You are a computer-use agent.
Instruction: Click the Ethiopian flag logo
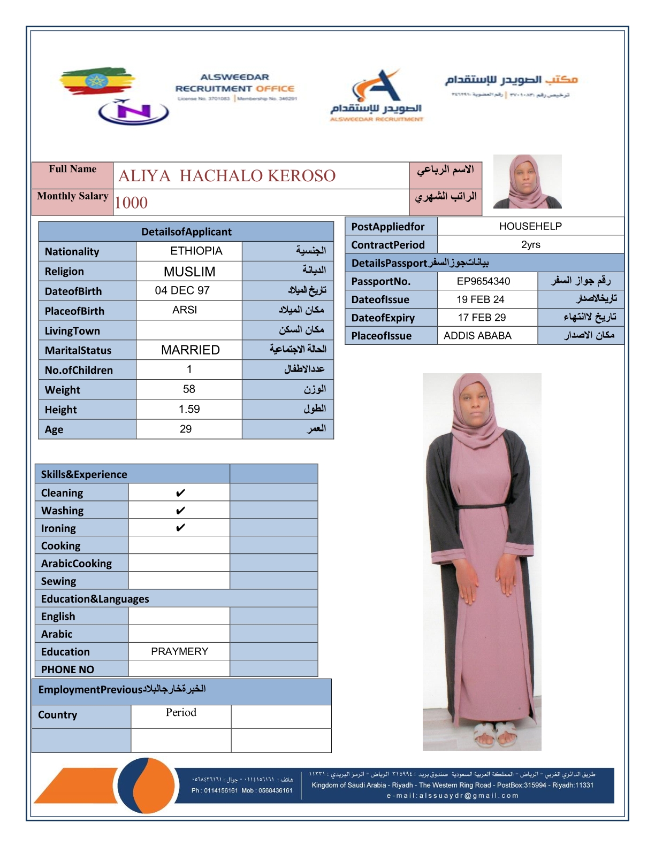(x=96, y=81)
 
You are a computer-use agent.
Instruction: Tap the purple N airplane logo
(x=133, y=112)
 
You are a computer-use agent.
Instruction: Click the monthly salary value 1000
(x=131, y=203)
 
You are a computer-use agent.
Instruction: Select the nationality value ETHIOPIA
(x=196, y=251)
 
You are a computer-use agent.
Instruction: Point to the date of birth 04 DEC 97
(x=182, y=290)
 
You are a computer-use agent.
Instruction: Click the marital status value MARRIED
(x=190, y=350)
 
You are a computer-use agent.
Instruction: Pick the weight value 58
(x=189, y=389)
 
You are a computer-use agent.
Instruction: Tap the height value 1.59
(x=189, y=409)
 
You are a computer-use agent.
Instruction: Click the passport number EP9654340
(x=483, y=281)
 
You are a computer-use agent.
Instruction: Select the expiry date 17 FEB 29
(x=482, y=318)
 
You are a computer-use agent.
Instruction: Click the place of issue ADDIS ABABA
(x=477, y=336)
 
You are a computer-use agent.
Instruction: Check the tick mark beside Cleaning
(x=180, y=492)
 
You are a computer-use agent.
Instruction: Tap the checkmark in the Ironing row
(x=180, y=528)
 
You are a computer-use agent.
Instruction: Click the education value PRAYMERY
(x=179, y=651)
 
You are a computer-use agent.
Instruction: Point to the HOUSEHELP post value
(x=530, y=226)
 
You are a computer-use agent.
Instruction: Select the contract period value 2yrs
(x=530, y=245)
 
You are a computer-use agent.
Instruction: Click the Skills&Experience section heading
(x=84, y=474)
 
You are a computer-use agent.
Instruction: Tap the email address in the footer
(x=452, y=796)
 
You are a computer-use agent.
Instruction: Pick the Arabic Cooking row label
(x=77, y=564)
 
